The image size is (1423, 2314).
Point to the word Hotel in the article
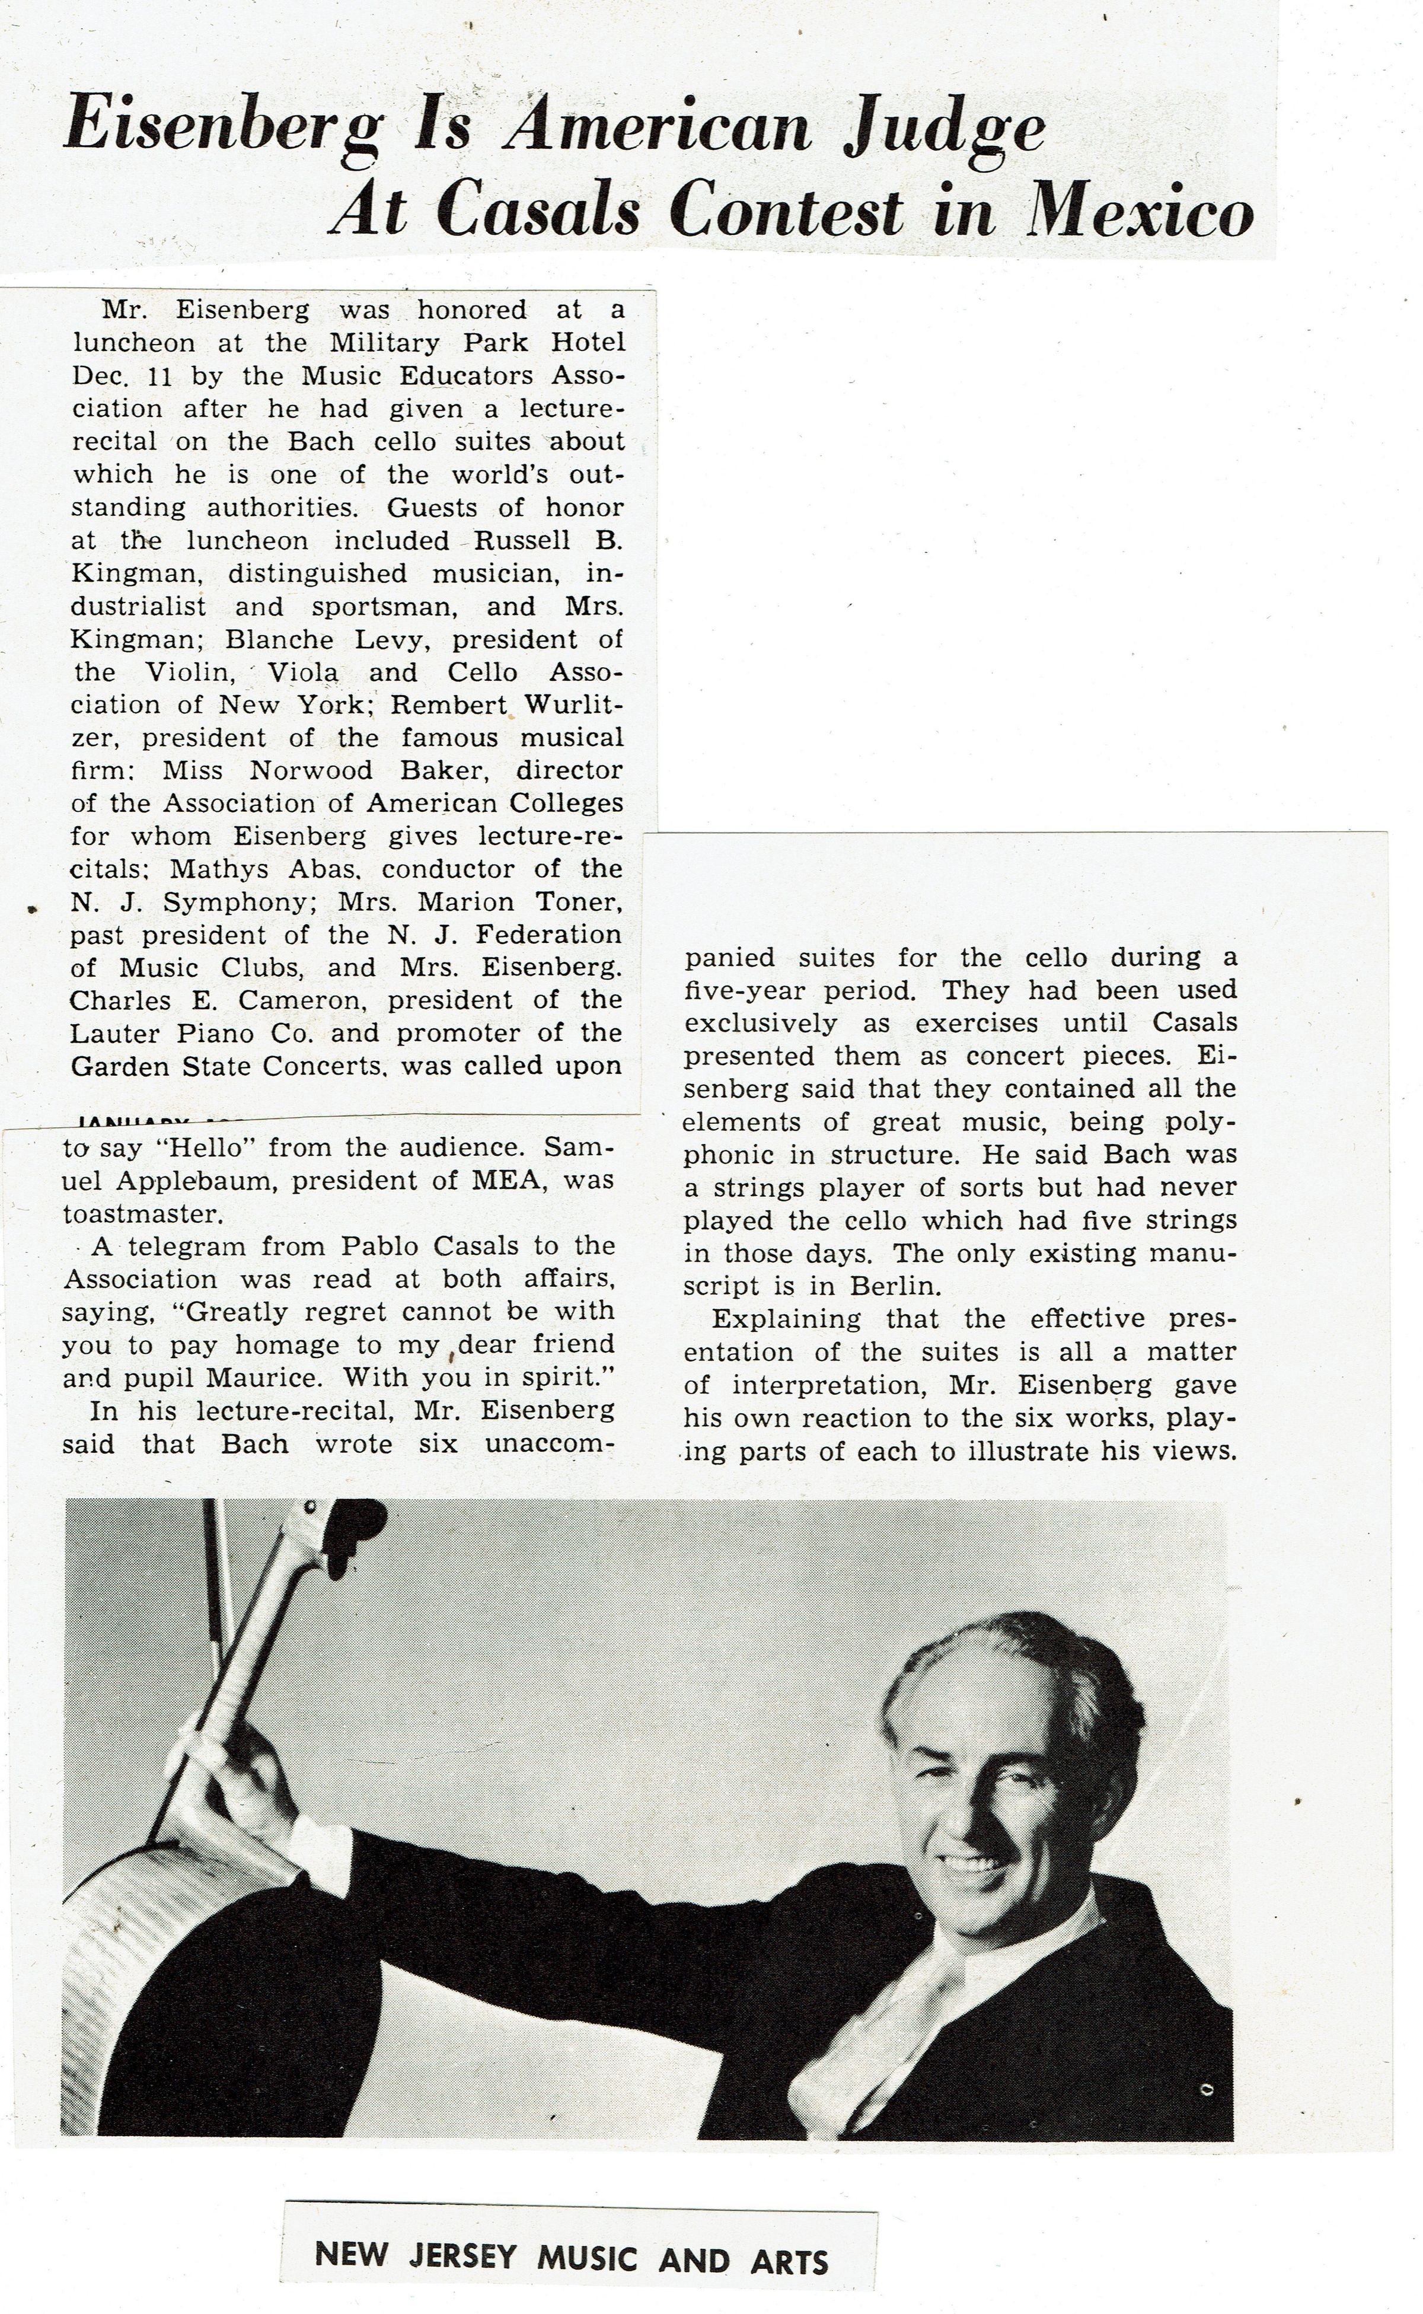(588, 343)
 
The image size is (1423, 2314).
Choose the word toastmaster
(143, 1214)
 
